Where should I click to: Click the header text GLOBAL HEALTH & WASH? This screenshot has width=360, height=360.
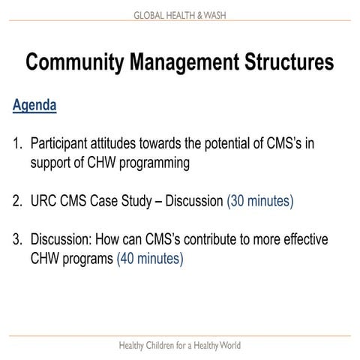point(179,15)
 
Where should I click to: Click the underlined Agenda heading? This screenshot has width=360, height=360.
point(34,104)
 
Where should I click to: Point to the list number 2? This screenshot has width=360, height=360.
point(17,201)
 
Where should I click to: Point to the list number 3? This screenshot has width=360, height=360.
point(17,240)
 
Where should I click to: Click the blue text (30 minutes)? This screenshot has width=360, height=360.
point(259,201)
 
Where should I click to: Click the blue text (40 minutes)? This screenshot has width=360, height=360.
point(149,259)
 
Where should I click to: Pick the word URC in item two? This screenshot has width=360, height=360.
point(45,201)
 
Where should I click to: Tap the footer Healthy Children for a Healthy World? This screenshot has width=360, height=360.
point(180,346)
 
